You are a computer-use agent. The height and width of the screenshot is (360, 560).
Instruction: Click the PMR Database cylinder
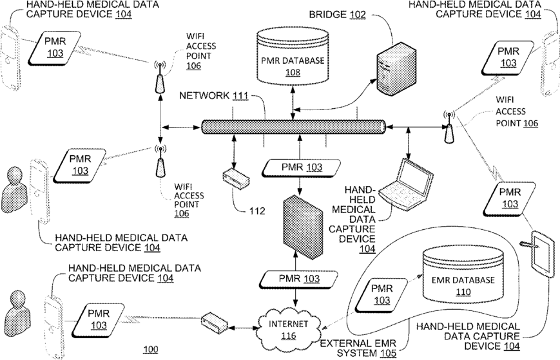tap(293, 57)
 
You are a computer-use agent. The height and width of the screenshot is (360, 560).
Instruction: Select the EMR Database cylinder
tap(463, 274)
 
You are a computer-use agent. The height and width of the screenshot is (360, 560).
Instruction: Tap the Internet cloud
tap(288, 328)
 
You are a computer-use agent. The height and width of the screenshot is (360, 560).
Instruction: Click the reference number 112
tap(257, 211)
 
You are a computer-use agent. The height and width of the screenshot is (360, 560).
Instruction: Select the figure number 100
tap(150, 349)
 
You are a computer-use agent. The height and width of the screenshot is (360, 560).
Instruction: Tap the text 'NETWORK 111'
tap(213, 95)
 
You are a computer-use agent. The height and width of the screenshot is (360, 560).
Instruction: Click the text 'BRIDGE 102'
tap(337, 14)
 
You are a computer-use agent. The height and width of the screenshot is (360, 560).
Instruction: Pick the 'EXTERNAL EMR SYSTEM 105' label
tap(358, 348)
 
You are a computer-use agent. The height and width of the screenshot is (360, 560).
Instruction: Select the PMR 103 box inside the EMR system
tap(381, 294)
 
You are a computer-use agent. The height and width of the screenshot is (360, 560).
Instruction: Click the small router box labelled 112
tap(236, 178)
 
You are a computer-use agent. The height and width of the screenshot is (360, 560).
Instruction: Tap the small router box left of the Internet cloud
tap(215, 323)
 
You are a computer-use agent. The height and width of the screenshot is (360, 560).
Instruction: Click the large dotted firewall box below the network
tap(303, 227)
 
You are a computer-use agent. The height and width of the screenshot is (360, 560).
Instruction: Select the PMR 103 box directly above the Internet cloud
tap(298, 279)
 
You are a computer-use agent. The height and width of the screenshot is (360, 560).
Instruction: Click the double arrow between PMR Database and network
tap(293, 104)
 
